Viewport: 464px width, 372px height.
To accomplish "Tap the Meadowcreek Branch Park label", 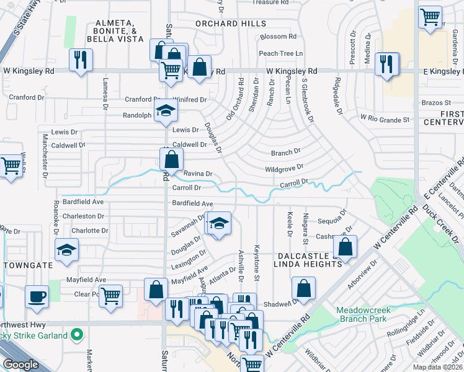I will point(362,314).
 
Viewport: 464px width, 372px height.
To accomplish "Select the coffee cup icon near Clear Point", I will point(37,296).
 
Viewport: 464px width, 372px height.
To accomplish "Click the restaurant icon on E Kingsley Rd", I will point(387,63).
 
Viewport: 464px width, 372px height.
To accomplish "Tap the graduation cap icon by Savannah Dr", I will point(218,223).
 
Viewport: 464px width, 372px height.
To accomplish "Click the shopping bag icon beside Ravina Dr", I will point(171,159).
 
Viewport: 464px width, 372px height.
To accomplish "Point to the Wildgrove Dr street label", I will point(284,167).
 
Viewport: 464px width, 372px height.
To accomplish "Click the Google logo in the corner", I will point(20,365).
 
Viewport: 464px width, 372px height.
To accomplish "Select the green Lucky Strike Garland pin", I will point(77,335).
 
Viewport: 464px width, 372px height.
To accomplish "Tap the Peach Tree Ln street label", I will point(281,53).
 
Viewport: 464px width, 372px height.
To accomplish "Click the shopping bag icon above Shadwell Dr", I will point(304,288).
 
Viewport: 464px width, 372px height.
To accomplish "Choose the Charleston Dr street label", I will point(84,216).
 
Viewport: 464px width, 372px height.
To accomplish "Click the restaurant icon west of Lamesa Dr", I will point(81,60).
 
